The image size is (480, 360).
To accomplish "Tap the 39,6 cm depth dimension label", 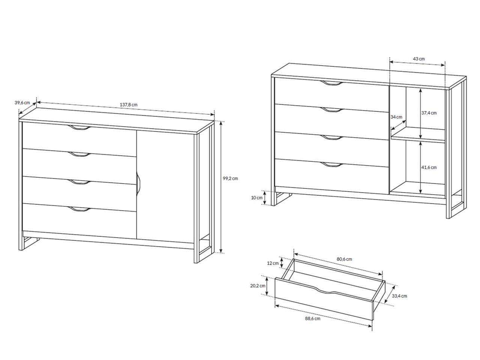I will pos(22,102).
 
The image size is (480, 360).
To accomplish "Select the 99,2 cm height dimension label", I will pos(230,178).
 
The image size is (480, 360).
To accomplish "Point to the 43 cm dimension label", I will pos(418,59).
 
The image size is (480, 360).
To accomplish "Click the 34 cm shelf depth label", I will pos(396,117).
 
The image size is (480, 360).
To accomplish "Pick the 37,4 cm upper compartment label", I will pos(429,113).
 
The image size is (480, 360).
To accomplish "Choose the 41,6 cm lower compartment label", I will pos(429,168).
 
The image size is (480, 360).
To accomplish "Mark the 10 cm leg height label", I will pos(257,198).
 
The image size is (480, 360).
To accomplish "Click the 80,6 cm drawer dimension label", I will pos(344,259).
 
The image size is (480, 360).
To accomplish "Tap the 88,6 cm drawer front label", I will pos(313,319).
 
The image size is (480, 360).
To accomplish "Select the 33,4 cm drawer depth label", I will pos(399,296).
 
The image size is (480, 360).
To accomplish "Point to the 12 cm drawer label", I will pos(273,263).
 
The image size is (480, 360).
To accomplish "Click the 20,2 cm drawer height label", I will pos(258,286).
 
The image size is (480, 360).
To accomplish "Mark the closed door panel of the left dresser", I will pos(165,186).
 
